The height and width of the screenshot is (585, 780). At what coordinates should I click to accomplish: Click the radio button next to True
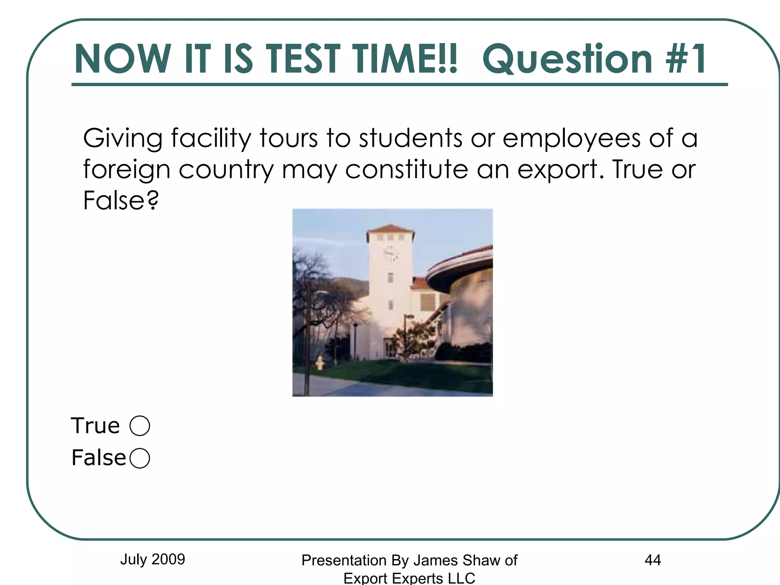point(140,425)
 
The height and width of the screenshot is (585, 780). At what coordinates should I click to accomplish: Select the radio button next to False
point(140,458)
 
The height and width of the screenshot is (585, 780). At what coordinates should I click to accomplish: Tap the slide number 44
point(652,560)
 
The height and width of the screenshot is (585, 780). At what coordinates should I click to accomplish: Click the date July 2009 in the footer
point(152,559)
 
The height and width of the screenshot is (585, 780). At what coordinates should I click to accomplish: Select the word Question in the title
point(567,59)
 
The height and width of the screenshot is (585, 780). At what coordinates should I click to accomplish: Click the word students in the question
point(411,138)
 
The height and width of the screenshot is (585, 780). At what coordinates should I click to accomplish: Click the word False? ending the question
point(121,200)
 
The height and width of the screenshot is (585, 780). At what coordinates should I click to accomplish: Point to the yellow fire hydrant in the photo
point(320,363)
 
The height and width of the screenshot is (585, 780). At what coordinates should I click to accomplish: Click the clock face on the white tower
point(390,253)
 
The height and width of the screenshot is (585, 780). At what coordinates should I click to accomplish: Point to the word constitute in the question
point(406,169)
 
